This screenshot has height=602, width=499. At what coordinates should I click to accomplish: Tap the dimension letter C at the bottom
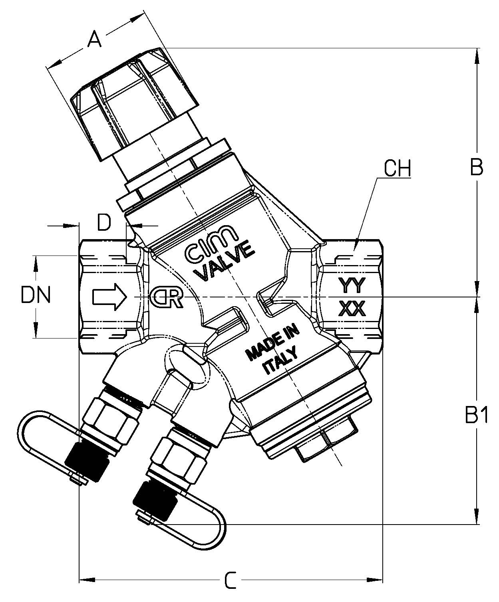point(230,580)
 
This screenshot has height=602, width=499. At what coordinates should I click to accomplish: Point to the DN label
point(36,296)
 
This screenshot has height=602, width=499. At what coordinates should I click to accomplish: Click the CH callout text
point(397,169)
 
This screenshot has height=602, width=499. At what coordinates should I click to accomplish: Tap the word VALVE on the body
point(226,260)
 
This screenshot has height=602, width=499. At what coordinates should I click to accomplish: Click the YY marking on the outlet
point(352,285)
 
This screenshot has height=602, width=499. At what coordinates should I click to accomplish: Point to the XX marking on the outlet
point(352,309)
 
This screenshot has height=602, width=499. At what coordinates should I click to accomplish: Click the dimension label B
point(476,168)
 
